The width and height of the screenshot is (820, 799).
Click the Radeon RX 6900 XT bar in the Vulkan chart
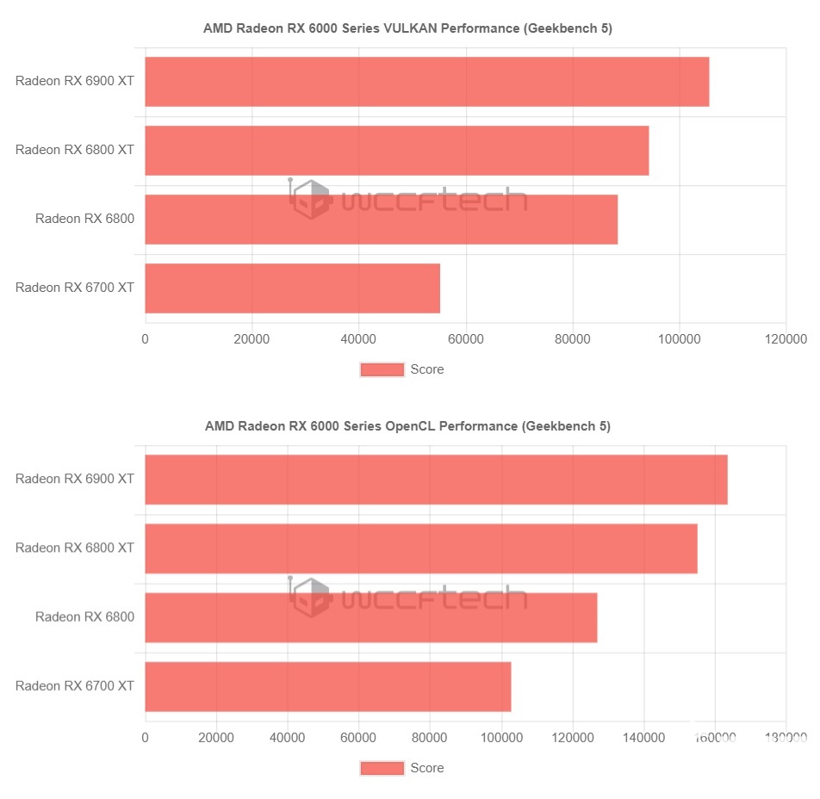pyautogui.click(x=426, y=82)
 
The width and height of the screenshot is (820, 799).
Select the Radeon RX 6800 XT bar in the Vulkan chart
pyautogui.click(x=396, y=151)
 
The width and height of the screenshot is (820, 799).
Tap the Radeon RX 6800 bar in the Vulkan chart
pyautogui.click(x=381, y=220)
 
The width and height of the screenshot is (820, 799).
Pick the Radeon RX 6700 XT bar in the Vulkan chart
pyautogui.click(x=292, y=288)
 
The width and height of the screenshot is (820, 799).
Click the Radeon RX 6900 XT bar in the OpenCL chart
pyautogui.click(x=436, y=480)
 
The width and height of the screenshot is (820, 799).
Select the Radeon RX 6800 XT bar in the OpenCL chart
pyautogui.click(x=420, y=548)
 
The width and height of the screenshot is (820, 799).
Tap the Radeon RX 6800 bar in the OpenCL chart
pyautogui.click(x=370, y=617)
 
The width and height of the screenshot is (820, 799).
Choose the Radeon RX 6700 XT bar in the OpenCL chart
pyautogui.click(x=327, y=686)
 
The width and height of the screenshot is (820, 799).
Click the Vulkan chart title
pyautogui.click(x=407, y=28)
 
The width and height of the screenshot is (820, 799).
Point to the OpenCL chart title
pyautogui.click(x=407, y=426)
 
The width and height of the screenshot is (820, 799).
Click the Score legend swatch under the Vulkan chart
pyautogui.click(x=382, y=369)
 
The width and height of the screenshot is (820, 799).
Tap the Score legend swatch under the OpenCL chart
pyautogui.click(x=382, y=768)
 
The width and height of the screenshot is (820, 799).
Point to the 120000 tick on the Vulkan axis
pyautogui.click(x=785, y=339)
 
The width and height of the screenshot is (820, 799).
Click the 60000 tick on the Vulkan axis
pyautogui.click(x=465, y=339)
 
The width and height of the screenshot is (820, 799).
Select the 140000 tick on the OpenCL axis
pyautogui.click(x=643, y=737)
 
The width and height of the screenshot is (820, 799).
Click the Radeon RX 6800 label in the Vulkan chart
pyautogui.click(x=84, y=219)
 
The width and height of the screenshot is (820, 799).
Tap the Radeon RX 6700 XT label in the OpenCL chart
pyautogui.click(x=75, y=686)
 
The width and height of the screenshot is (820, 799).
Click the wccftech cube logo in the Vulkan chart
pyautogui.click(x=310, y=201)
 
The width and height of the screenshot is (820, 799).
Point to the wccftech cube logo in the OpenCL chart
pyautogui.click(x=310, y=598)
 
